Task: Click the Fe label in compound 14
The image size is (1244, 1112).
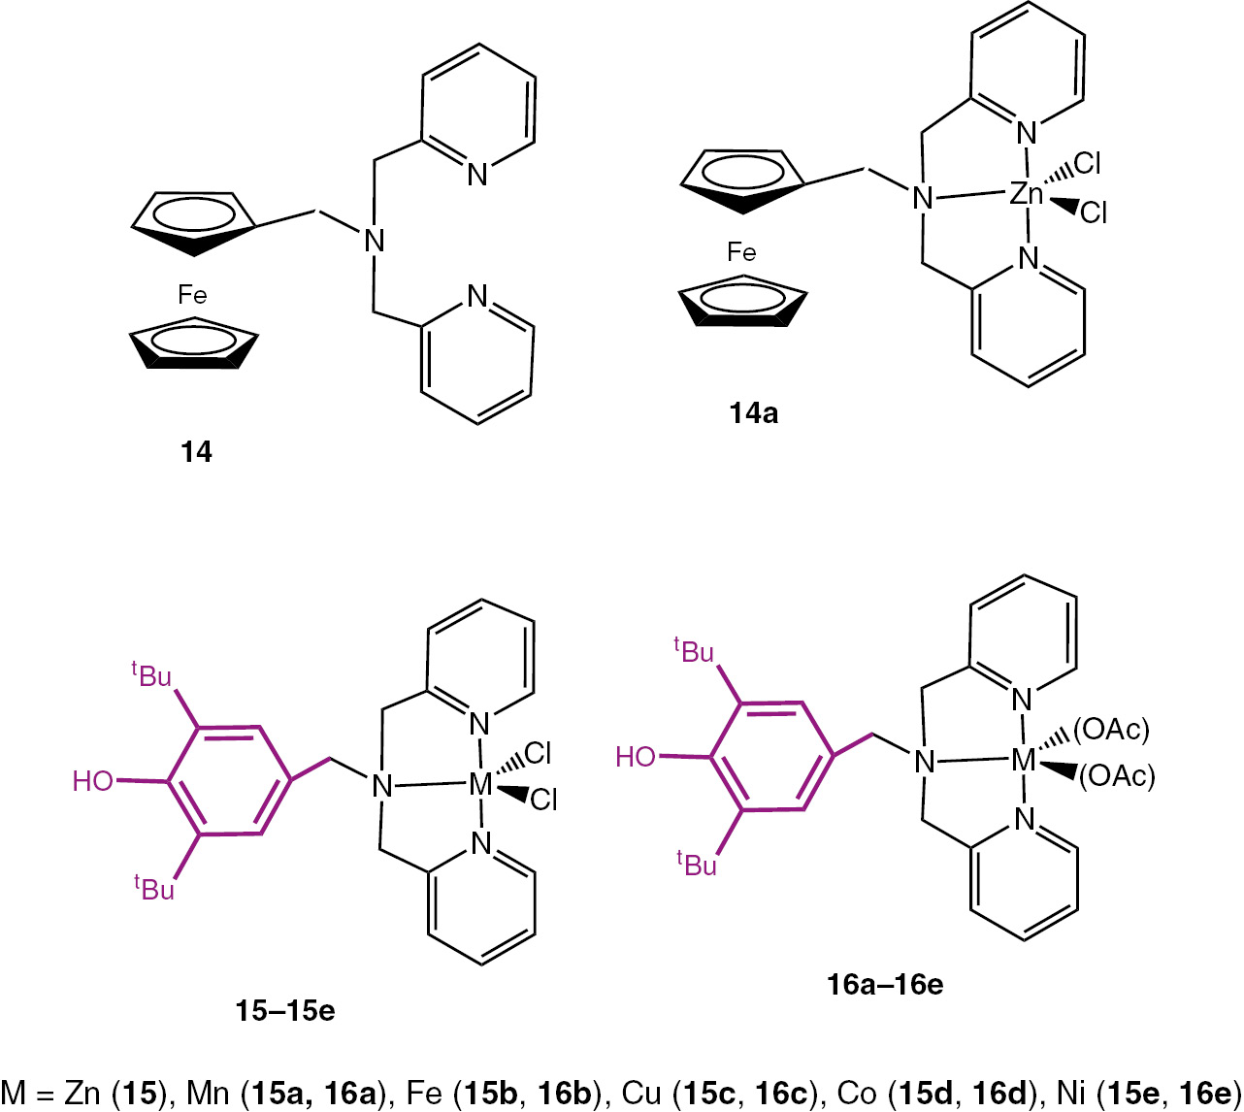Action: click(192, 294)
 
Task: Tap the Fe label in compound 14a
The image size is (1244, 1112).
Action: click(741, 253)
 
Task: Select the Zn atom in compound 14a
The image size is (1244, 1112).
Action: click(1026, 194)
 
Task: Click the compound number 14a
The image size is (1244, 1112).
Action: click(754, 414)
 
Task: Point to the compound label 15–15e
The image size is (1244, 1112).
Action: click(285, 1010)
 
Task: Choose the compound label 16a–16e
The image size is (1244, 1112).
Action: click(885, 985)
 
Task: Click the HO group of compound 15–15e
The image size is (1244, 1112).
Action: click(93, 780)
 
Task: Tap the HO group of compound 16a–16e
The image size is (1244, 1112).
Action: click(637, 757)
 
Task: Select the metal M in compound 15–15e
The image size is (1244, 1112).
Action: click(481, 784)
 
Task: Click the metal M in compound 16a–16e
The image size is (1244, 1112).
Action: click(1024, 762)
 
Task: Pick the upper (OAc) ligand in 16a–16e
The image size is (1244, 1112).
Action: click(1111, 729)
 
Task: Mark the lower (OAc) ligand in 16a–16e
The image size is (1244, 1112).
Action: click(1117, 775)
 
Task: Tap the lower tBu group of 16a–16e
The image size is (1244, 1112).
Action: click(696, 863)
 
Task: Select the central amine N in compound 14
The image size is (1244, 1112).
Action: click(375, 241)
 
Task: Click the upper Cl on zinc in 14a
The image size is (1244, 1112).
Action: click(1087, 164)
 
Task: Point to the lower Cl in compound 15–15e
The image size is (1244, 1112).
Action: click(543, 800)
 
